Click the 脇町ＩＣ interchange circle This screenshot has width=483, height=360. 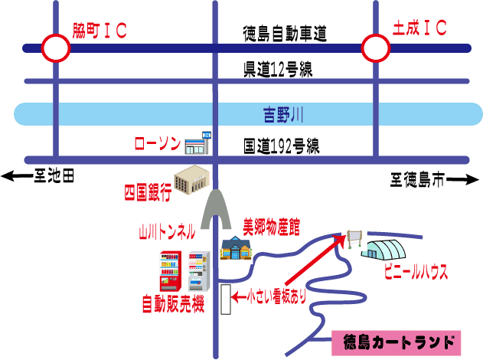pos(55,48)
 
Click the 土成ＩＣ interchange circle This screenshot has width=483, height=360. pos(376,48)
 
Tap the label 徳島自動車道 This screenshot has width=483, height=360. pos(285,33)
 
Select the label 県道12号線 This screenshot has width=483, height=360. pos(278,69)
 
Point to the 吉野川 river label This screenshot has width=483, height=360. pos(284,116)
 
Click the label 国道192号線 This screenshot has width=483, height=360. pos(281,146)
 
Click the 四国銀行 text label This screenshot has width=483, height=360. pos(148,191)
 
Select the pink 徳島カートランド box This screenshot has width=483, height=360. pos(397,342)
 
